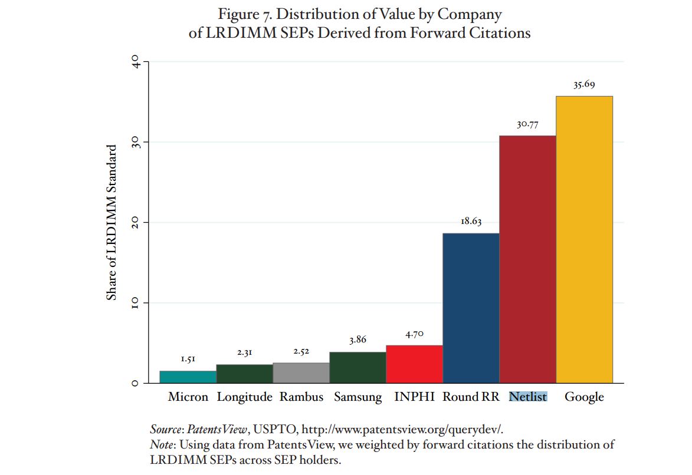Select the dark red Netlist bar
(527, 259)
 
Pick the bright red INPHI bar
(414, 364)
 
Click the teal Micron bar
(188, 377)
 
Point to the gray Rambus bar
(301, 373)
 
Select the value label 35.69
(584, 85)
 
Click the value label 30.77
(527, 124)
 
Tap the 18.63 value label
(471, 222)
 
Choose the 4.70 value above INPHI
(414, 334)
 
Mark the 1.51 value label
(188, 359)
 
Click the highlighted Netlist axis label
(528, 397)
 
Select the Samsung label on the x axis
(358, 397)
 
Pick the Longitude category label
(244, 397)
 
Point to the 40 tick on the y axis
(135, 62)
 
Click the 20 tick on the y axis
(135, 223)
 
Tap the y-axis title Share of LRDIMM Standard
(111, 222)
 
